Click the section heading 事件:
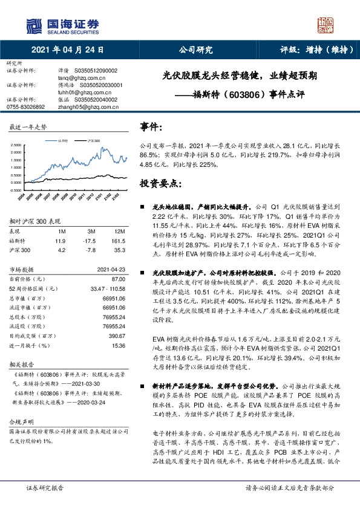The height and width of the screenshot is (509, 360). (x=151, y=126)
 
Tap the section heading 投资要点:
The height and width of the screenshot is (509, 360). (x=160, y=182)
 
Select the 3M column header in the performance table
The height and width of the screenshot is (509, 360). (x=91, y=232)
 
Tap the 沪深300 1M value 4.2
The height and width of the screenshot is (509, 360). (x=60, y=250)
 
